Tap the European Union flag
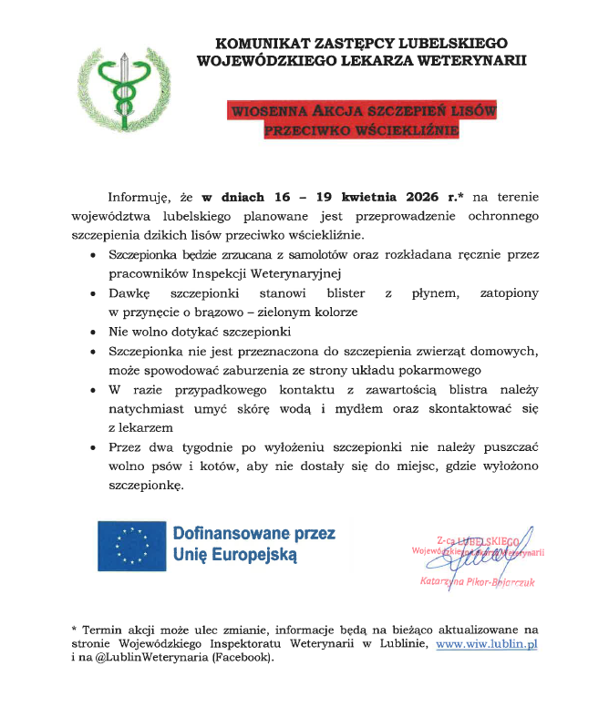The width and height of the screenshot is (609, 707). (131, 545)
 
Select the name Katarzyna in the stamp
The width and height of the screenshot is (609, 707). (441, 579)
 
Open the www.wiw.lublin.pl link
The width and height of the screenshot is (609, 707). (487, 644)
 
